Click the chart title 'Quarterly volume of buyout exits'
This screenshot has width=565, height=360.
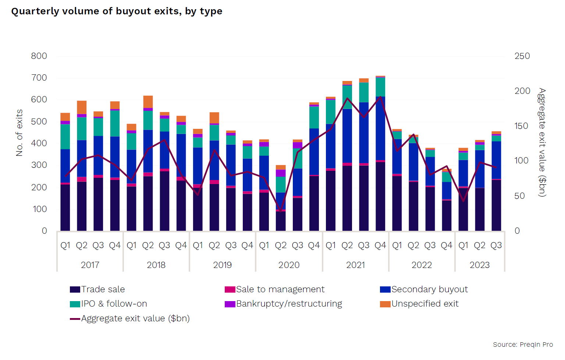click(x=117, y=11)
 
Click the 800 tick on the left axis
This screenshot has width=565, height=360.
click(x=39, y=56)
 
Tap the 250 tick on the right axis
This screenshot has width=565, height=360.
click(x=522, y=56)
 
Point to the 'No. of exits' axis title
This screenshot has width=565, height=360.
click(x=19, y=133)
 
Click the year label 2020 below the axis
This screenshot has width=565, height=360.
click(x=289, y=265)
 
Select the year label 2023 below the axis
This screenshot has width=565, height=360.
click(x=480, y=265)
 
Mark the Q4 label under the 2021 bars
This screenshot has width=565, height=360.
click(x=380, y=245)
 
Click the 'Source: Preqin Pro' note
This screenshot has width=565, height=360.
click(x=523, y=345)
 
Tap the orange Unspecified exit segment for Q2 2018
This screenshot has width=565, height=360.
click(x=148, y=102)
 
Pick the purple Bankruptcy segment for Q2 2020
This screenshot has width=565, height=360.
click(x=281, y=173)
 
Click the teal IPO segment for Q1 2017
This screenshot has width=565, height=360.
click(x=65, y=137)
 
